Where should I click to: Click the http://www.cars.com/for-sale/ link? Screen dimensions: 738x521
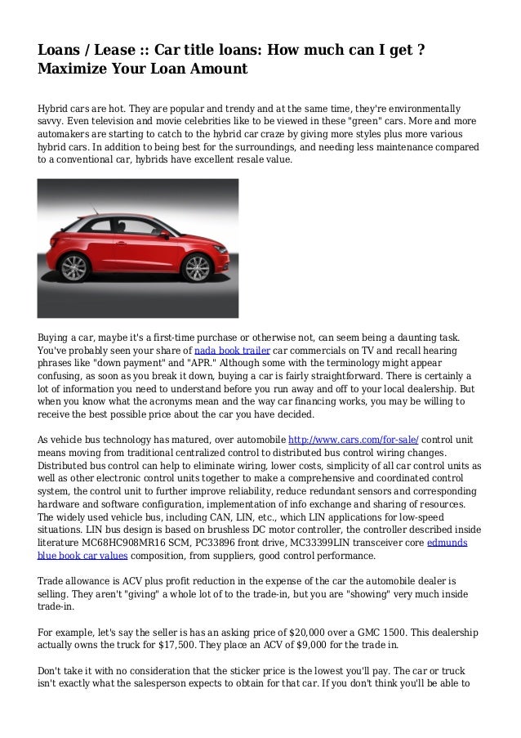[355, 441]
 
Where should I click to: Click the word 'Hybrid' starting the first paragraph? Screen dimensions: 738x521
[53, 109]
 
